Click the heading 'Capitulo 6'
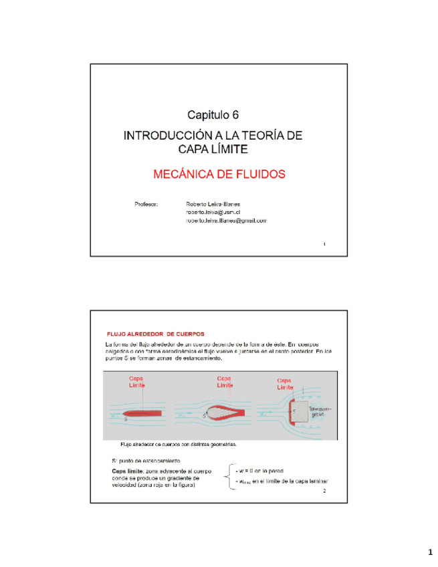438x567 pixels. click(x=213, y=115)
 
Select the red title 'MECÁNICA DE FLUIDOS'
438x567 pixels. click(x=219, y=175)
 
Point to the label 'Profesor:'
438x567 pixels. click(x=146, y=203)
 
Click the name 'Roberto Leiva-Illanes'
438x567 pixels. click(x=214, y=203)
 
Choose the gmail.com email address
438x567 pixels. click(x=226, y=220)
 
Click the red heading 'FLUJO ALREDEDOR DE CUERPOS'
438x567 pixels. click(x=156, y=333)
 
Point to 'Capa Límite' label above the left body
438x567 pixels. click(x=138, y=382)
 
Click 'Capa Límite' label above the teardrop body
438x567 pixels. click(x=225, y=382)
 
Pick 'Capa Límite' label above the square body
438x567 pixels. click(x=285, y=384)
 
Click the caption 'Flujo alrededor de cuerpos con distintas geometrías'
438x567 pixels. click(x=178, y=443)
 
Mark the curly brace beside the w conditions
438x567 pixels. click(x=231, y=477)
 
